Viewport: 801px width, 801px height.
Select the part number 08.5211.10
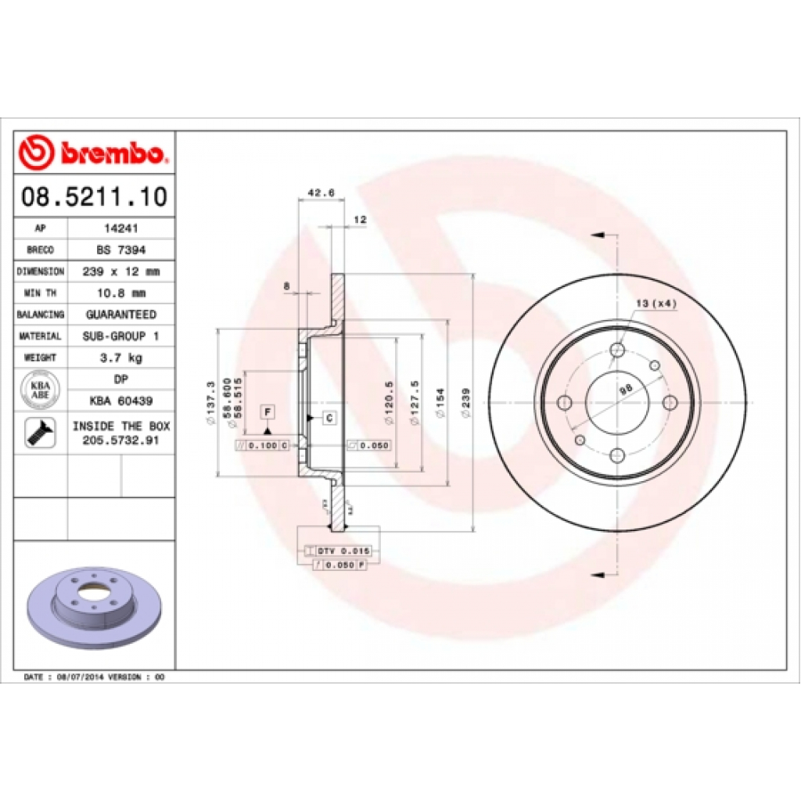(94, 196)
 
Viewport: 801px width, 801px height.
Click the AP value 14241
(120, 229)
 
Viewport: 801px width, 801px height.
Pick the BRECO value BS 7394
(120, 250)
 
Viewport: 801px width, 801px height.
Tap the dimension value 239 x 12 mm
(120, 271)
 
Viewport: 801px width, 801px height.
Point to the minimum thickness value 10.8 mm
(120, 293)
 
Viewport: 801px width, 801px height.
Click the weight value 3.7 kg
(120, 357)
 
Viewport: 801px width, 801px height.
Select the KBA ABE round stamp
(41, 390)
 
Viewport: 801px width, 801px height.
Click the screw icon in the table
(41, 433)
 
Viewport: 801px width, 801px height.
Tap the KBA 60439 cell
(120, 400)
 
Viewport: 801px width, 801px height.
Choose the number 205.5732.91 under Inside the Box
(120, 441)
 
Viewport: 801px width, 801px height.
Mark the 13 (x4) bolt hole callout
(656, 304)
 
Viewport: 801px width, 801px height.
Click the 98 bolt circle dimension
(624, 389)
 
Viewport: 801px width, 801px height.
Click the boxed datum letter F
(268, 411)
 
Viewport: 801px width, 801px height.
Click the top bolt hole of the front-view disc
(617, 349)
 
